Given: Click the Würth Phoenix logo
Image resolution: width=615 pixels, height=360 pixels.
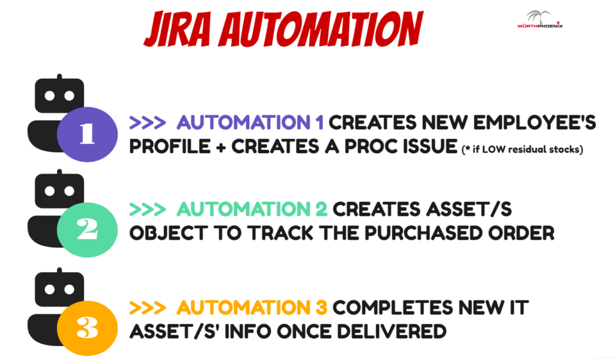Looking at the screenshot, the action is pyautogui.click(x=540, y=20).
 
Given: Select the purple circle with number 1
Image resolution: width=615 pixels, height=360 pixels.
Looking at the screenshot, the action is pyautogui.click(x=87, y=134).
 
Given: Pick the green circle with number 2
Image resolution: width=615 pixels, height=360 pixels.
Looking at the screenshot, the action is pyautogui.click(x=87, y=230).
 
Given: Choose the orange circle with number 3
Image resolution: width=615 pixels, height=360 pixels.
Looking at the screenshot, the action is pyautogui.click(x=87, y=328).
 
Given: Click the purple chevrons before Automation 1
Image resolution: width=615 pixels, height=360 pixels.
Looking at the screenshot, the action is pyautogui.click(x=148, y=123).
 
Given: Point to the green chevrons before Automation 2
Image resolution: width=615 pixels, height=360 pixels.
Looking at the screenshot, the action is pyautogui.click(x=148, y=210).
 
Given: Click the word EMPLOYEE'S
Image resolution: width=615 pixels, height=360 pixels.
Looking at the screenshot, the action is pyautogui.click(x=535, y=123).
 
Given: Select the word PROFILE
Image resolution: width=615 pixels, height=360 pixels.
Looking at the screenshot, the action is pyautogui.click(x=170, y=147).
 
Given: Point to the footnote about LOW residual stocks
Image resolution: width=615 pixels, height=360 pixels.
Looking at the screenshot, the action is pyautogui.click(x=522, y=149).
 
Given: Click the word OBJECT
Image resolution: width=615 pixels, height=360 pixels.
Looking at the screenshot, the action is pyautogui.click(x=168, y=233).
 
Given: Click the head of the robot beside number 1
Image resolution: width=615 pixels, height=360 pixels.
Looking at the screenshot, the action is pyautogui.click(x=59, y=95).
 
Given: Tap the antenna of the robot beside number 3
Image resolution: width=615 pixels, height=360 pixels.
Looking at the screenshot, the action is pyautogui.click(x=59, y=271).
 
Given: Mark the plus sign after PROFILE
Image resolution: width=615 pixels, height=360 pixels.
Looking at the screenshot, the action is pyautogui.click(x=221, y=148).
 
